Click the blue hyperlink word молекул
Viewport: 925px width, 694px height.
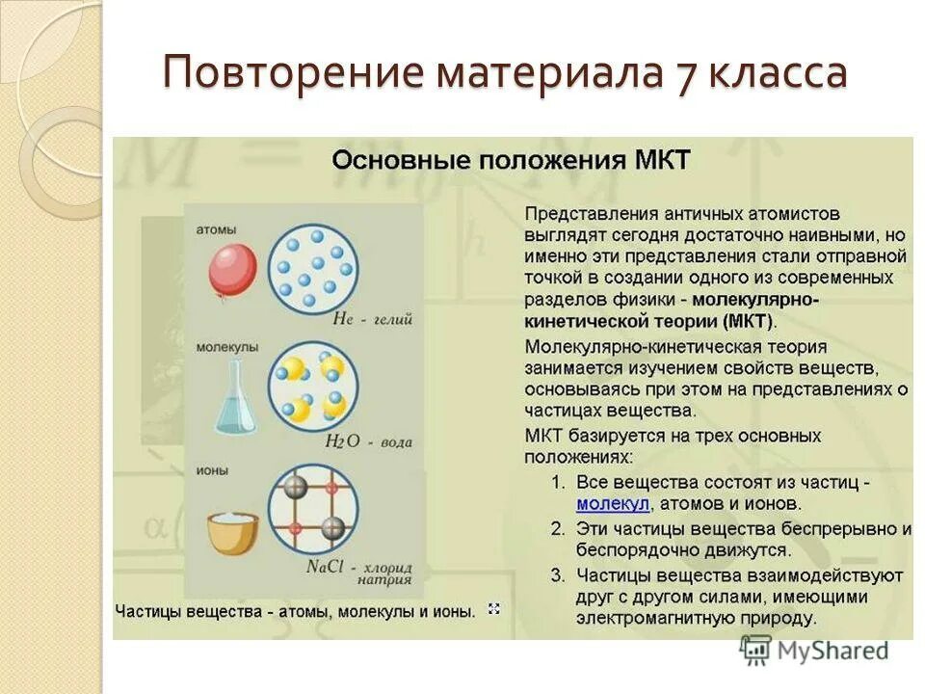click(x=613, y=503)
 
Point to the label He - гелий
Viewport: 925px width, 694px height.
click(x=372, y=319)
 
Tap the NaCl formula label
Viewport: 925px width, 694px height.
click(x=326, y=567)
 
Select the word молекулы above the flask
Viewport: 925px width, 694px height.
click(x=226, y=345)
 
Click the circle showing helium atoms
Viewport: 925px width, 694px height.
click(x=312, y=264)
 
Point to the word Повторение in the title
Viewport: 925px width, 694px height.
click(x=291, y=74)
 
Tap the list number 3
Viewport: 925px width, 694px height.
click(x=557, y=575)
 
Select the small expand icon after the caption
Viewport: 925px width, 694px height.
click(x=494, y=609)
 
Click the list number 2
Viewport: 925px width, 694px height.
click(x=557, y=528)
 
